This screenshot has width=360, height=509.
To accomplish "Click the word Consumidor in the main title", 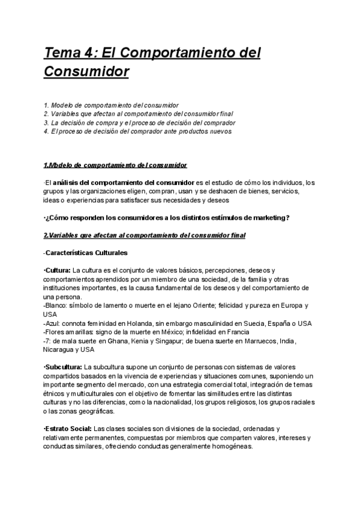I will (86, 72).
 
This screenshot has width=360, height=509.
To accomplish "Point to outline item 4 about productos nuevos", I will (137, 131).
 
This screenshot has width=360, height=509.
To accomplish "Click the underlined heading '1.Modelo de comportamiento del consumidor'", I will (115, 165).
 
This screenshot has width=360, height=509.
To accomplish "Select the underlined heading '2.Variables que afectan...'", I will (144, 235).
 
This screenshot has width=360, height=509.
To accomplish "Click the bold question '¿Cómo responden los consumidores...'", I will (167, 217).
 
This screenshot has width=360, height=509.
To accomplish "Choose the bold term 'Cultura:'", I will (58, 271).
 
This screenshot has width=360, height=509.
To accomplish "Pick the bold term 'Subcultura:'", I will (64, 367).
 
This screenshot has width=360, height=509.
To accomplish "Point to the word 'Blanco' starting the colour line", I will (56, 306).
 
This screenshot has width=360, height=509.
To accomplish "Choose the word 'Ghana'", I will (109, 340).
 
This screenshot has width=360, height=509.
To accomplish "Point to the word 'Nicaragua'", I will (61, 349).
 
